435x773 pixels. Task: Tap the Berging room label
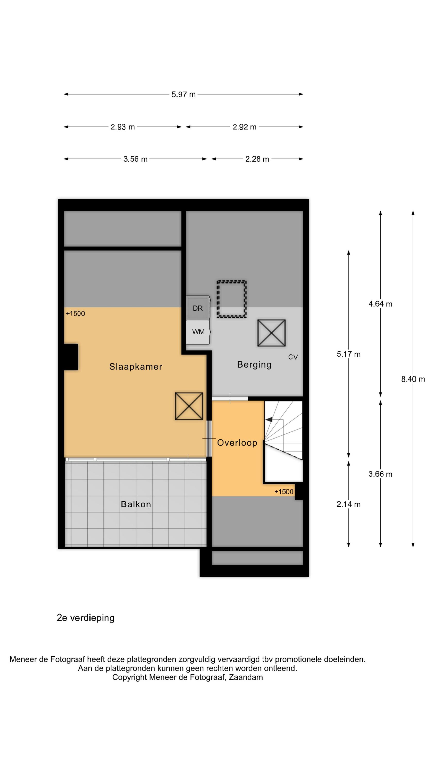[x=254, y=365]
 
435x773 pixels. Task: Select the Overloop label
[x=237, y=443]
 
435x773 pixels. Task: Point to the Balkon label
[x=136, y=504]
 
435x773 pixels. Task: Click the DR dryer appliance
[x=198, y=308]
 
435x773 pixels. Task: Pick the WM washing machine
[x=198, y=332]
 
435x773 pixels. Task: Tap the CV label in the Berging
[x=293, y=357]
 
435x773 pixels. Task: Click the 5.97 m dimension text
[x=183, y=95]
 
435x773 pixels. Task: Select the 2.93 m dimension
[x=122, y=127]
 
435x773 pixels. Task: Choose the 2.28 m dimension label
[x=257, y=159]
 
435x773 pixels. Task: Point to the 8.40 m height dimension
[x=413, y=379]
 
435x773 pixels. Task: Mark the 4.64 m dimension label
[x=380, y=304]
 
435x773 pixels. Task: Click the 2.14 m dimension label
[x=348, y=505]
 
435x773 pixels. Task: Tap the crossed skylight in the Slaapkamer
[x=189, y=406]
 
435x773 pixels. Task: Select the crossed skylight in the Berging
[x=271, y=333]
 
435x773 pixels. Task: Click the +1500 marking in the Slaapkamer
[x=75, y=314]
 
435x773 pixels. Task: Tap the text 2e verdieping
[x=86, y=618]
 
